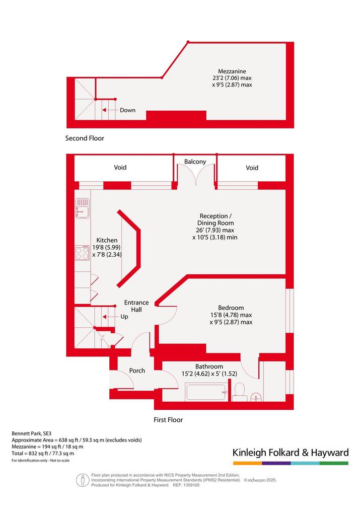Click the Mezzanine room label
(232, 71)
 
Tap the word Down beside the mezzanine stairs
(128, 110)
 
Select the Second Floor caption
(85, 138)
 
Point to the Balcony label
(195, 162)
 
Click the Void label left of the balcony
(120, 168)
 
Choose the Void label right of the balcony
(252, 168)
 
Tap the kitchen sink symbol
(82, 208)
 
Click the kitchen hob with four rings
(82, 253)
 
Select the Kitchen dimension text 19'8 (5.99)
(107, 247)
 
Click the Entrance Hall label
(136, 306)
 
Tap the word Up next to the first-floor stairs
(124, 317)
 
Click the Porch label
(137, 371)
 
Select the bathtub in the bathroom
(207, 392)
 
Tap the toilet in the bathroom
(240, 392)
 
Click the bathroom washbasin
(256, 397)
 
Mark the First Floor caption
(168, 420)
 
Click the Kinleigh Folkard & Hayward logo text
(291, 453)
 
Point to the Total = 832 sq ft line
(43, 454)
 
